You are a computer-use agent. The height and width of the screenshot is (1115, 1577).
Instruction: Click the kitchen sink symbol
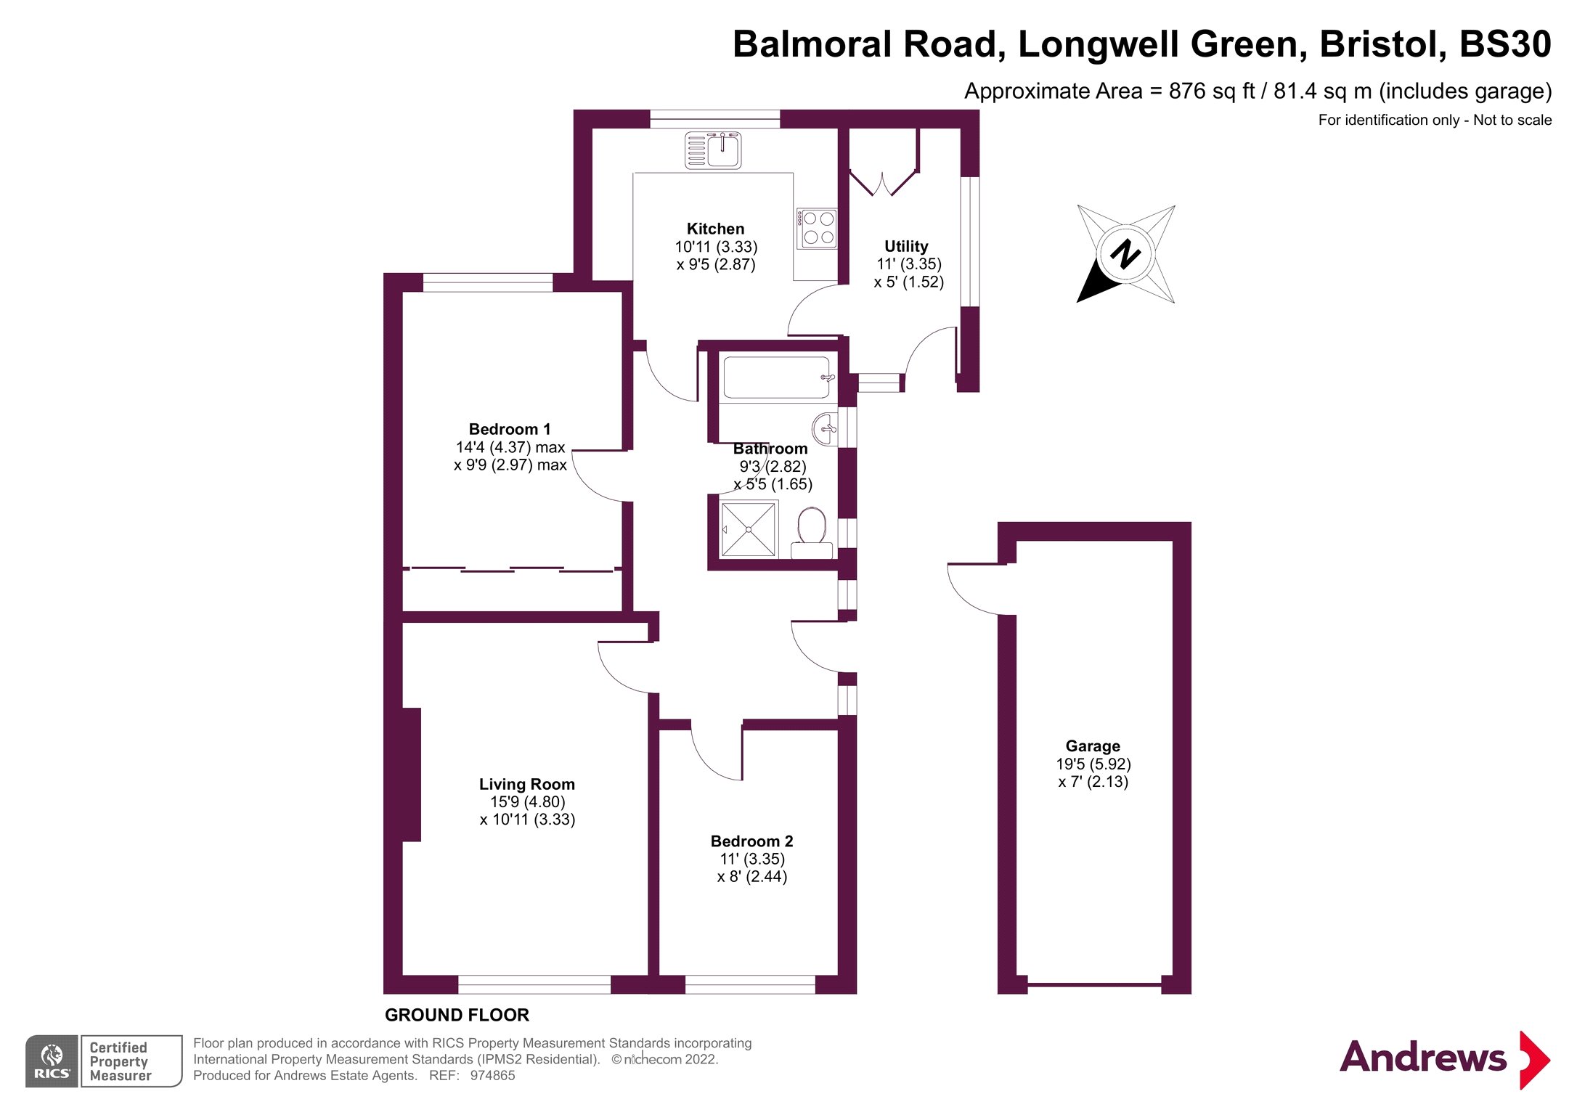point(713,151)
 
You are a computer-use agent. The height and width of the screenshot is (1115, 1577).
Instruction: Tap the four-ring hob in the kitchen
point(818,228)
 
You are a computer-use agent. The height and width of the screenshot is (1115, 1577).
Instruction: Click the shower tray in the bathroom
point(748,530)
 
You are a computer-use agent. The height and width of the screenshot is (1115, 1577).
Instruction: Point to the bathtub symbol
point(776,377)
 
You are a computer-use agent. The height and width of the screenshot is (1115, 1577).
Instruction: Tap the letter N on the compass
point(1125,254)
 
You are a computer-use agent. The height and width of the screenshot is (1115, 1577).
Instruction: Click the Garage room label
point(1092,746)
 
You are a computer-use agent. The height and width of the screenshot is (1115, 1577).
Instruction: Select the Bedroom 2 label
point(751,841)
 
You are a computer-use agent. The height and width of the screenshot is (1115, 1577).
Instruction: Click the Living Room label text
point(526,784)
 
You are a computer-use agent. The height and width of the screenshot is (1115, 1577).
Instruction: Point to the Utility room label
point(905,246)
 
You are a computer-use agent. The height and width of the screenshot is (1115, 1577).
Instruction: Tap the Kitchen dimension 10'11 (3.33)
point(716,247)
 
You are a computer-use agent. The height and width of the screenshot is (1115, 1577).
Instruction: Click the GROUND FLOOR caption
point(457,1015)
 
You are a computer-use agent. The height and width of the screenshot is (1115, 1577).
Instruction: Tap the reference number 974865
point(492,1076)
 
